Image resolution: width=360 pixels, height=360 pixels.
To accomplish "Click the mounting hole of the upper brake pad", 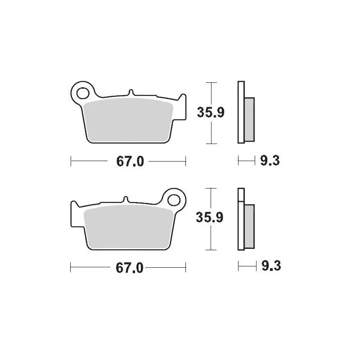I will pos(82,93).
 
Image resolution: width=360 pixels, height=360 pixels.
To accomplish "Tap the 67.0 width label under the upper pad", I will pos(130,161).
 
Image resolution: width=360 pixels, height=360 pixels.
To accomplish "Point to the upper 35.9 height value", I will pos(211,112).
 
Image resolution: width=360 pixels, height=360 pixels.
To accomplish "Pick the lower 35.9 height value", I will pos(211,218).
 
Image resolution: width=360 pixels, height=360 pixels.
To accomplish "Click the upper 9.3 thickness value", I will pos(270,160).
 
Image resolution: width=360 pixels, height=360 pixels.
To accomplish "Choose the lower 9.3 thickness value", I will pos(271,266).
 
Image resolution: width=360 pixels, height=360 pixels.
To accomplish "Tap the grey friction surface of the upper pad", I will pos(129,119).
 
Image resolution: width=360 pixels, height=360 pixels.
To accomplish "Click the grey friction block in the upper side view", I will pos(249,118).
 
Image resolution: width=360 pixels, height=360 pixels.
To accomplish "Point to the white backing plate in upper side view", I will pos(241,112).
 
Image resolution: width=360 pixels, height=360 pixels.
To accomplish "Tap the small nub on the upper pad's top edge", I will pos(131,93).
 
